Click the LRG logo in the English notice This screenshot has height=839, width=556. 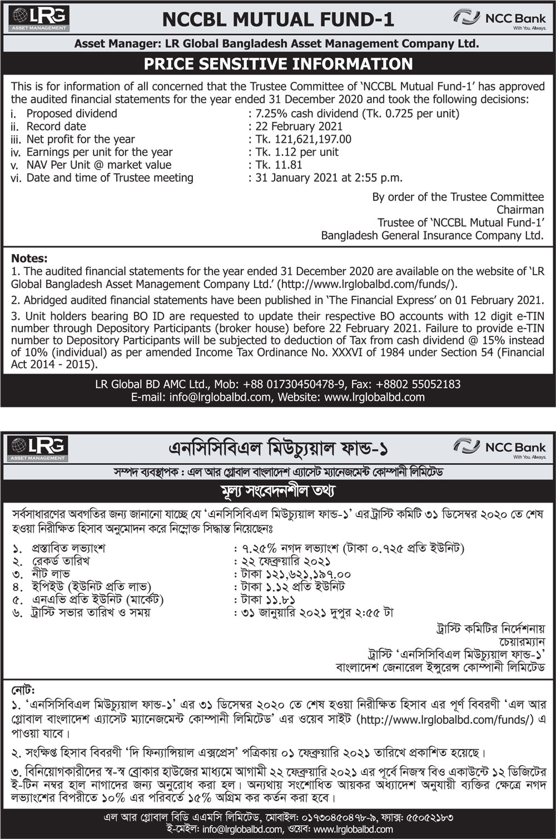[x=39, y=18]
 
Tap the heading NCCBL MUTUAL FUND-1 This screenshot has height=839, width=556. [x=277, y=20]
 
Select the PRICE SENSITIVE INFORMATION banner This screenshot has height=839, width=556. [x=278, y=64]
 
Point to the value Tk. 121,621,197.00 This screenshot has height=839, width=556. [x=303, y=139]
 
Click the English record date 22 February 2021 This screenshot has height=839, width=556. [x=299, y=126]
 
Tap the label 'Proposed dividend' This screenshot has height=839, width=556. [x=72, y=113]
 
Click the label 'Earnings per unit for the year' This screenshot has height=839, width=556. [x=100, y=152]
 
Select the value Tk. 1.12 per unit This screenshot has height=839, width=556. [x=297, y=152]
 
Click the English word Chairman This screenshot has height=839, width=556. [x=520, y=210]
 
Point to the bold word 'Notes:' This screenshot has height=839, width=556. [x=29, y=258]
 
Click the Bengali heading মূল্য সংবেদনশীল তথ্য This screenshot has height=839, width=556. [x=277, y=491]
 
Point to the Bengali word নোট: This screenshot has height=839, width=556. [x=23, y=690]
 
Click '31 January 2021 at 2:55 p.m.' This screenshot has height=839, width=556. [x=329, y=178]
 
